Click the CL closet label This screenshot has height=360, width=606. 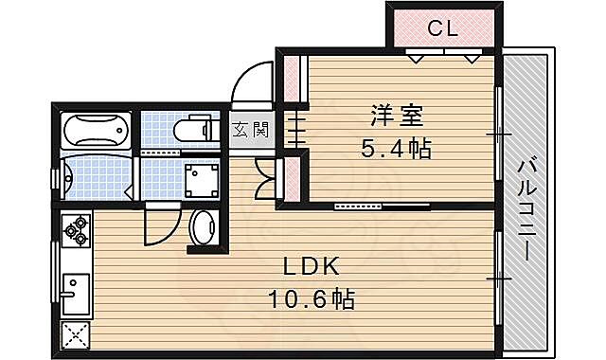click(442, 28)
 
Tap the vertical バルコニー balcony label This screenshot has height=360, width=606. click(526, 210)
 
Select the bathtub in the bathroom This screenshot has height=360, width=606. click(95, 130)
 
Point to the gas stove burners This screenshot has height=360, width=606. click(75, 230)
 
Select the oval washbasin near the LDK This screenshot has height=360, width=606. click(203, 228)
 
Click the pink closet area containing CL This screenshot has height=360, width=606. click(442, 29)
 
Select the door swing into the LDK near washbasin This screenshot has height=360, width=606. click(157, 228)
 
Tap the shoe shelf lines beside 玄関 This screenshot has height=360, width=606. click(290, 129)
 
